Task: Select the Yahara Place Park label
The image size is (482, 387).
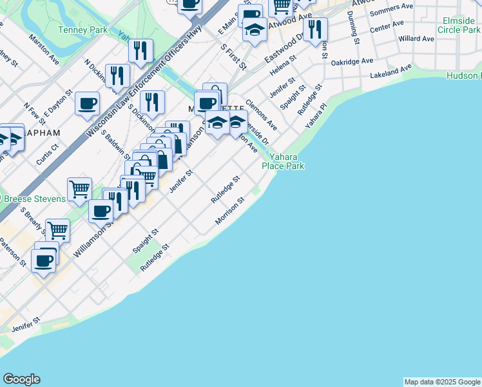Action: pyautogui.click(x=283, y=161)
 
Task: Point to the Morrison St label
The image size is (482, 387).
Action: pyautogui.click(x=231, y=212)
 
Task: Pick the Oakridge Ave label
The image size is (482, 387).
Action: pyautogui.click(x=352, y=61)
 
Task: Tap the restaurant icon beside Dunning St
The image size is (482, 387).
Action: pyautogui.click(x=315, y=30)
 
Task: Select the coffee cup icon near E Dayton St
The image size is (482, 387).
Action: pyautogui.click(x=87, y=104)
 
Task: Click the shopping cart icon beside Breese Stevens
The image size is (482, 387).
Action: pyautogui.click(x=79, y=190)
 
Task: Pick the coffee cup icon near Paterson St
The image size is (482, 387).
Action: pyautogui.click(x=44, y=261)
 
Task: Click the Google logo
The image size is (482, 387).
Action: pyautogui.click(x=21, y=379)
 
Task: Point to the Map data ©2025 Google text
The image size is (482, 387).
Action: pyautogui.click(x=443, y=382)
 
